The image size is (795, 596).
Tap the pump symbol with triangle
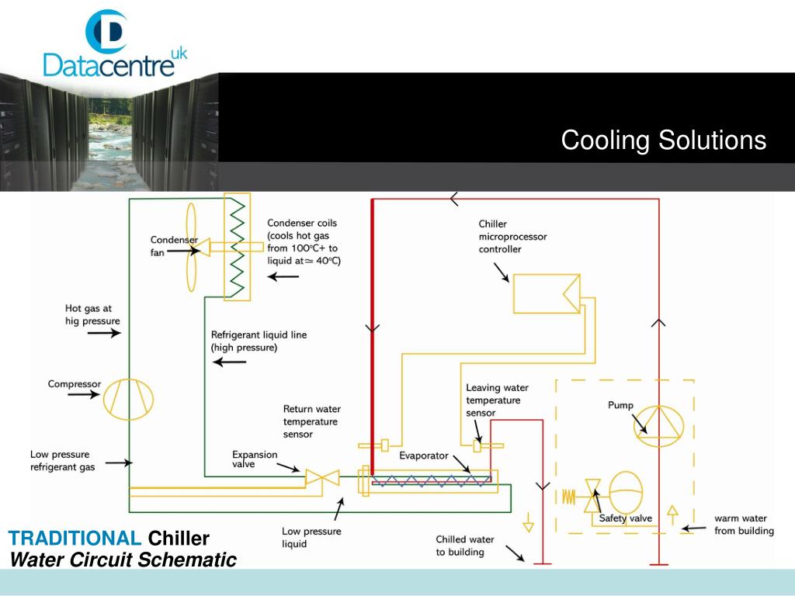pyautogui.click(x=658, y=426)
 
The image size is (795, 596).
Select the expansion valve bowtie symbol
pyautogui.click(x=323, y=477)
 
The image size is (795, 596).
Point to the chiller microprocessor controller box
pyautogui.click(x=545, y=293)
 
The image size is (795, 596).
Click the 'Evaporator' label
pyautogui.click(x=424, y=456)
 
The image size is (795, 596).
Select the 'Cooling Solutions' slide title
pyautogui.click(x=663, y=140)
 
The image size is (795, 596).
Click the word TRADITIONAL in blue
pyautogui.click(x=75, y=538)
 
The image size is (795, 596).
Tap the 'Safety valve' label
pyautogui.click(x=626, y=518)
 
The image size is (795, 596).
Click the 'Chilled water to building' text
pyautogui.click(x=464, y=546)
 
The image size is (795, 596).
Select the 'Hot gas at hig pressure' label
pyautogui.click(x=92, y=314)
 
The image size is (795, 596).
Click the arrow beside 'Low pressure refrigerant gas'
pyautogui.click(x=117, y=463)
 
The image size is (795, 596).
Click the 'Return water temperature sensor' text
pyautogui.click(x=311, y=421)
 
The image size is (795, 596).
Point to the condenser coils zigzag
pyautogui.click(x=237, y=246)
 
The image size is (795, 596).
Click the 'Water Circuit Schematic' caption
pyautogui.click(x=122, y=559)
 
